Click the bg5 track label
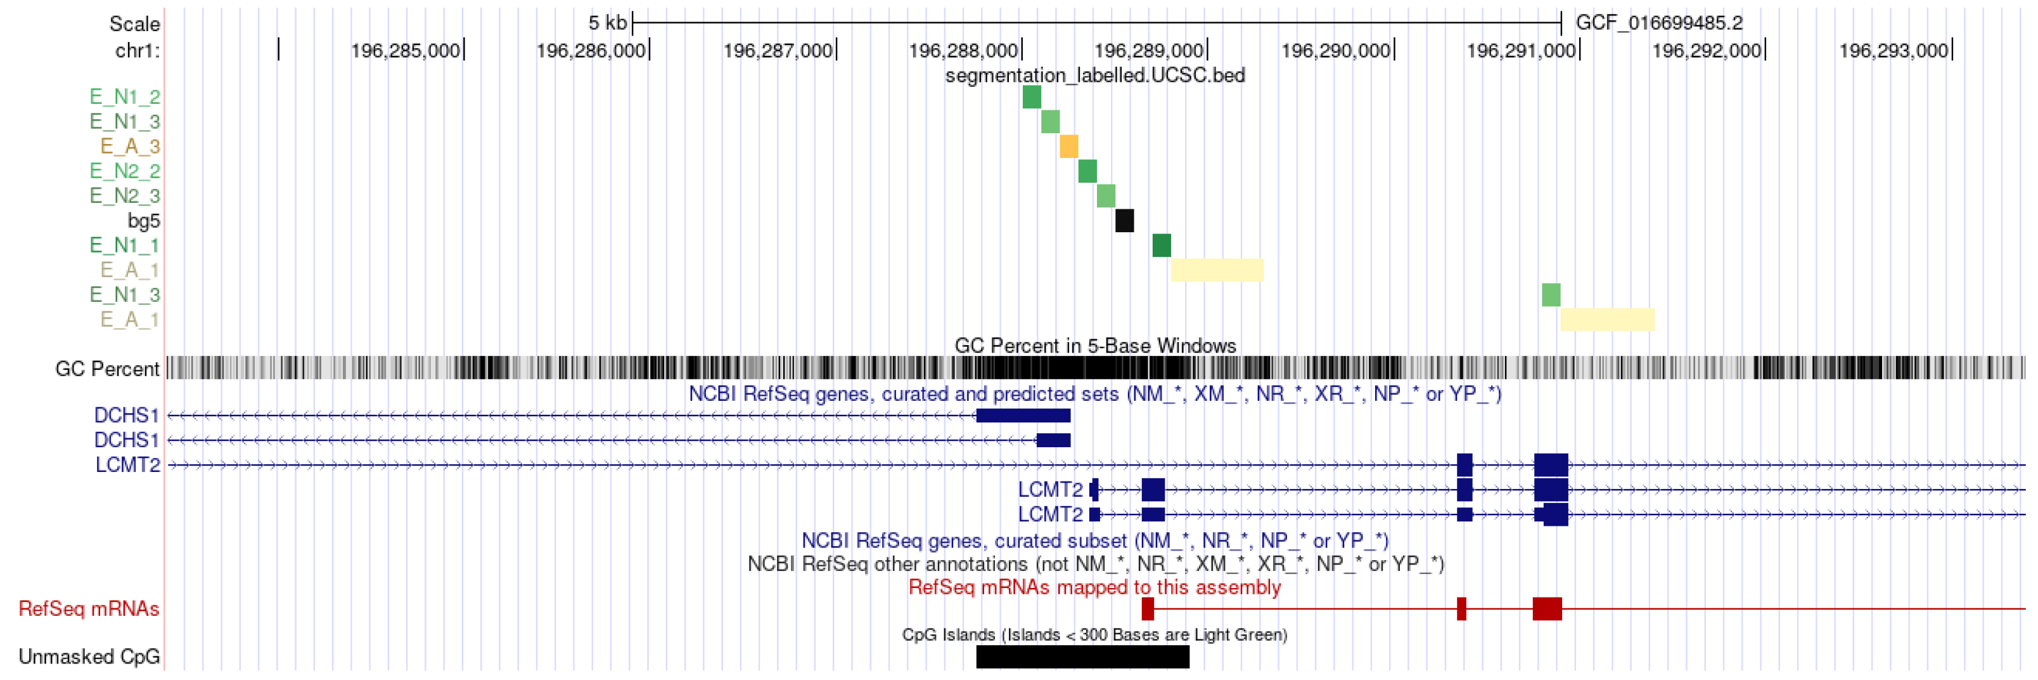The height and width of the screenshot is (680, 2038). pos(143,221)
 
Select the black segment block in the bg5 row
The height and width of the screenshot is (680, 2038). pos(1124,221)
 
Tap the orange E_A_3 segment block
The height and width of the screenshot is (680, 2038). pos(1069,147)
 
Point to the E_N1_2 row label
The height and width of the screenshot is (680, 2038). pos(124,96)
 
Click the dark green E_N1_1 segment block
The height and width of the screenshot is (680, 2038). pos(1162,245)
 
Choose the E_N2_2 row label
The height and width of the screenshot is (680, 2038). pos(124,171)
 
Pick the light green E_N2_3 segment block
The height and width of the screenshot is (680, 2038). pos(1106,195)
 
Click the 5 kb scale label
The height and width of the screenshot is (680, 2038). pos(607,23)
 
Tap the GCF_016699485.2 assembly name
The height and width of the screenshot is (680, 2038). pos(1659,23)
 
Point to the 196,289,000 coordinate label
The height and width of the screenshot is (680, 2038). pos(1148,51)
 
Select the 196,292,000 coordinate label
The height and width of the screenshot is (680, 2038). pos(1707,51)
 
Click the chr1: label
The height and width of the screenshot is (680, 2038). pos(137,51)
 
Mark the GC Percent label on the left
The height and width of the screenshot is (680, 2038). pos(107,369)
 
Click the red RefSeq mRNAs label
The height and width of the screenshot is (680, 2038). pos(89,609)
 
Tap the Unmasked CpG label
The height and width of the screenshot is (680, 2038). pos(89,657)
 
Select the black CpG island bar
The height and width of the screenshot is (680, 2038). pos(1082,657)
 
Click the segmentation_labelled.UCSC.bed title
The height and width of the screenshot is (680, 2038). pos(1095,75)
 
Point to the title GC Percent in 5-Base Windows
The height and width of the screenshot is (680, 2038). pos(1095,346)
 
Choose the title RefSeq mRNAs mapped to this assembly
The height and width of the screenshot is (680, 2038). pos(1094,587)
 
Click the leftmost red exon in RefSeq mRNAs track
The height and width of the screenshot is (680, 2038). pos(1148,609)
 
